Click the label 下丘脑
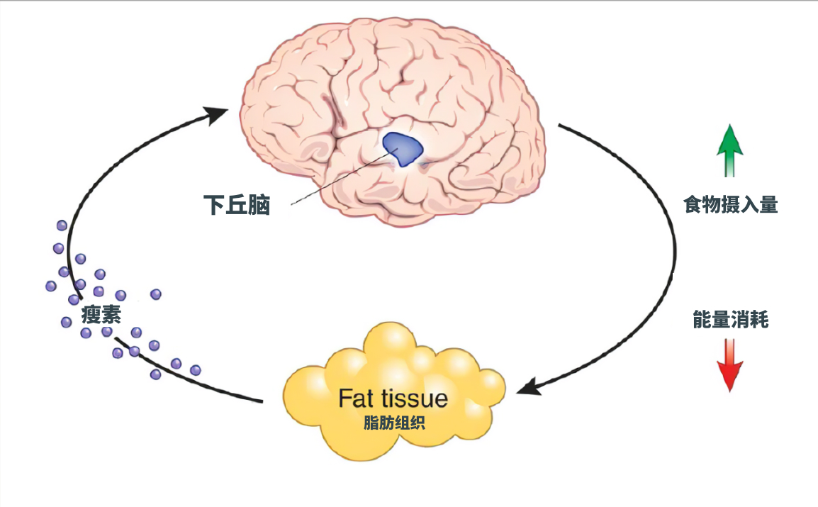tap(236, 205)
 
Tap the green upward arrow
tap(730, 150)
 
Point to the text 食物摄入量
tap(730, 205)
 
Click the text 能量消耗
tap(730, 320)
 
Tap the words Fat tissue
tap(393, 398)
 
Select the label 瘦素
tap(101, 314)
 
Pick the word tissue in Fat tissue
tap(414, 398)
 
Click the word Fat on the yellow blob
tap(355, 398)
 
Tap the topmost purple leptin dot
tap(61, 225)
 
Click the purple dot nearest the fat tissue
tap(195, 370)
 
